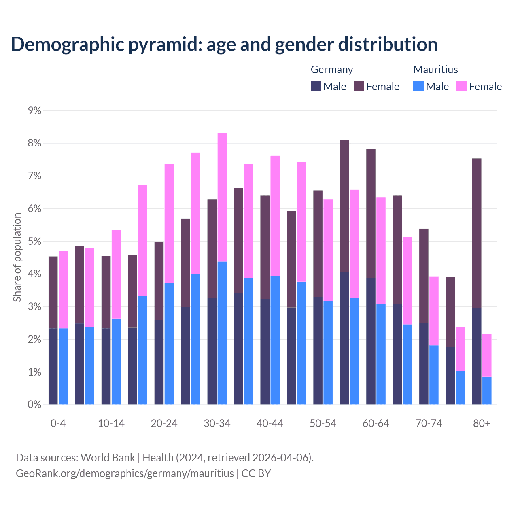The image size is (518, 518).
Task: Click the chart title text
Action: (224, 45)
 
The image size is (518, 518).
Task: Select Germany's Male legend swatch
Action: (316, 86)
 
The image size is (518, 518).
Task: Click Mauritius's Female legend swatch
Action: (461, 86)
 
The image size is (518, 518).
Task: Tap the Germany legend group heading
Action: (332, 70)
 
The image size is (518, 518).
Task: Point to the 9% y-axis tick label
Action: (35, 111)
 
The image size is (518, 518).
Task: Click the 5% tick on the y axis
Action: (35, 242)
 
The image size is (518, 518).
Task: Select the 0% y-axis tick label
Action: (35, 405)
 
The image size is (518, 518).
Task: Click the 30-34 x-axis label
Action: (217, 424)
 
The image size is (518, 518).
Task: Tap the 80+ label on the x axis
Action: (482, 424)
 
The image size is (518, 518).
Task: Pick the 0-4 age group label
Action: (58, 424)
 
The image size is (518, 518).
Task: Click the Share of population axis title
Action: (17, 257)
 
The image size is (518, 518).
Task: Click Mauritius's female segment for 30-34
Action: (222, 197)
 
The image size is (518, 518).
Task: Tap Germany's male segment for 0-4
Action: (53, 366)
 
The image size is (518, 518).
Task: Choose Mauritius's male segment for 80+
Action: (487, 391)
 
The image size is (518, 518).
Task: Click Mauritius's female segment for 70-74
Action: (434, 311)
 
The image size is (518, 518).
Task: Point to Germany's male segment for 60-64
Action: (371, 341)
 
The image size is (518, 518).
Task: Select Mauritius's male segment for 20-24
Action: (169, 344)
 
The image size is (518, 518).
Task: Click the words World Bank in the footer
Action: (108, 458)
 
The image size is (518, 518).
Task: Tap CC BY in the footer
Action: (256, 473)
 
